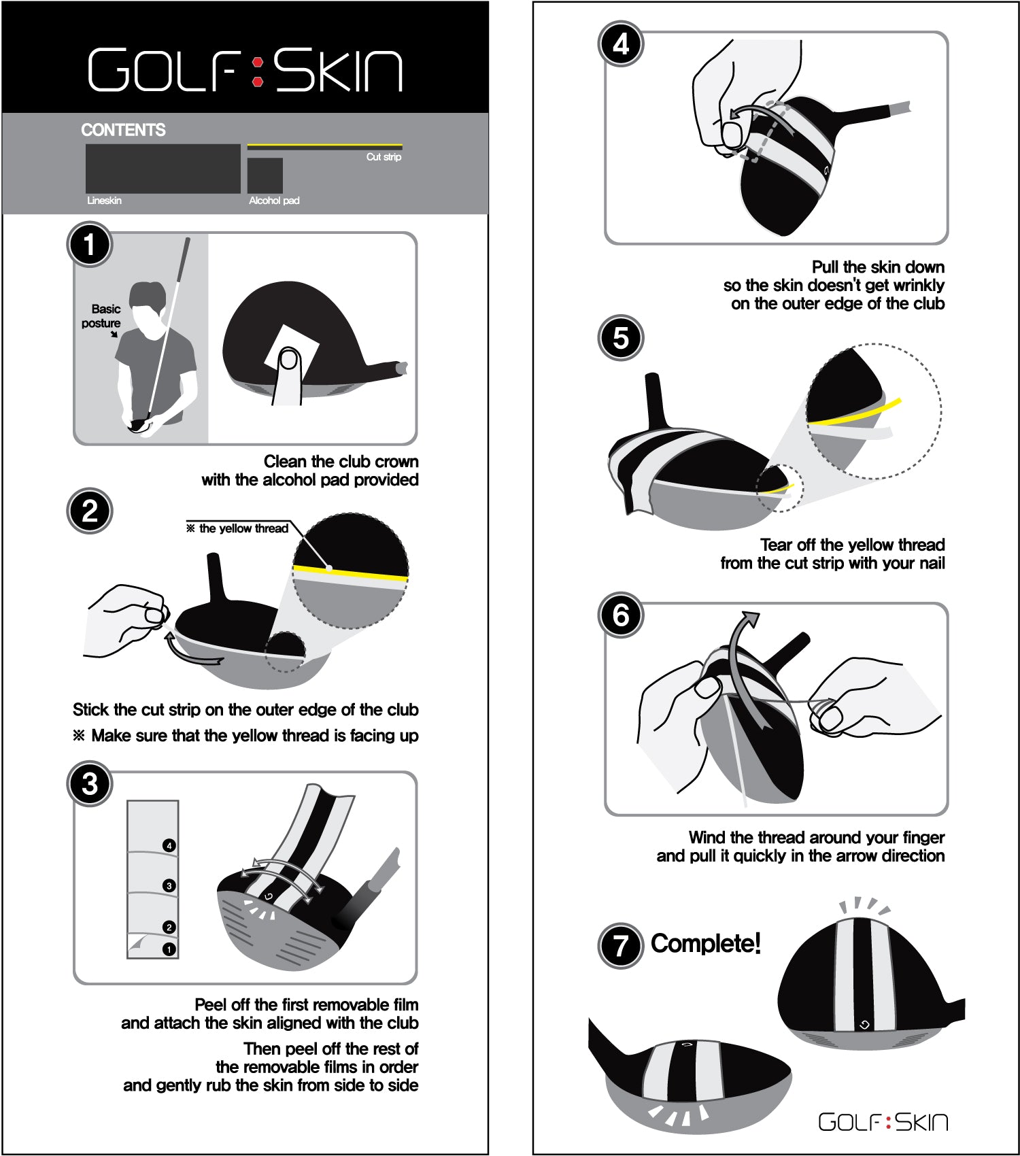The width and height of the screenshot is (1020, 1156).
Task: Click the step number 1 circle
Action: point(90,245)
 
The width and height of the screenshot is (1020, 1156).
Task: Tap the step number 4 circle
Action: point(621,44)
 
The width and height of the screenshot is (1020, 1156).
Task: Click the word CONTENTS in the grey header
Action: point(123,130)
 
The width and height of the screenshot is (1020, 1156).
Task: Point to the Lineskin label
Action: point(104,201)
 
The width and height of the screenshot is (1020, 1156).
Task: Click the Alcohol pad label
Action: point(274,201)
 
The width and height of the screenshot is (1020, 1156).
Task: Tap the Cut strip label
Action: point(384,157)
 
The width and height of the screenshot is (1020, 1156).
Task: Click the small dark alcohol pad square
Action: point(265,175)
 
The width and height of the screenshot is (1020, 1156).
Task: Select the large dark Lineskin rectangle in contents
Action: point(163,168)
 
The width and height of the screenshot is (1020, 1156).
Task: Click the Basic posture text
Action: point(102,316)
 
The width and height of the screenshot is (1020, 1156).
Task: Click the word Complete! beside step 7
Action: point(705,943)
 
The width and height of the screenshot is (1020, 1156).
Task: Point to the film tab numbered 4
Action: point(169,845)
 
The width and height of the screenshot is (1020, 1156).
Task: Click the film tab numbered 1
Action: point(169,949)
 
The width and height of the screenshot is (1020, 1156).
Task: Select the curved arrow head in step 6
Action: point(751,619)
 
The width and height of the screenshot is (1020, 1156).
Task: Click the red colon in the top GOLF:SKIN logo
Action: point(258,71)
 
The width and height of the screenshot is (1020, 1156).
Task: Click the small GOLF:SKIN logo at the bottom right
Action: point(883,1121)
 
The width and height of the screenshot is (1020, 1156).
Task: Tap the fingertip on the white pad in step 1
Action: point(290,359)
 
